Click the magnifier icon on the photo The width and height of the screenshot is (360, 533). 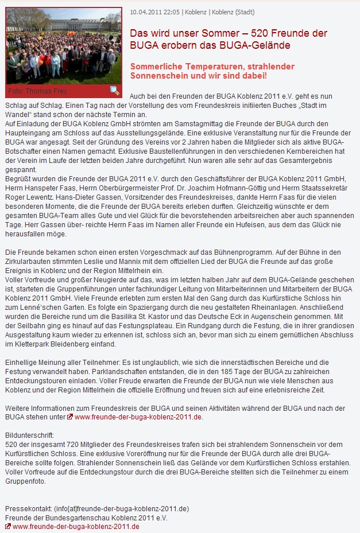click(114, 90)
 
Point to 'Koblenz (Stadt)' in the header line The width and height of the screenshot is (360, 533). click(233, 12)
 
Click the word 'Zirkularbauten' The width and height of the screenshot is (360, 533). click(28, 262)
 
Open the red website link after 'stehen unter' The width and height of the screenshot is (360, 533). click(138, 417)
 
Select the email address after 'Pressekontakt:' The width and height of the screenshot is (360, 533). click(121, 509)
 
